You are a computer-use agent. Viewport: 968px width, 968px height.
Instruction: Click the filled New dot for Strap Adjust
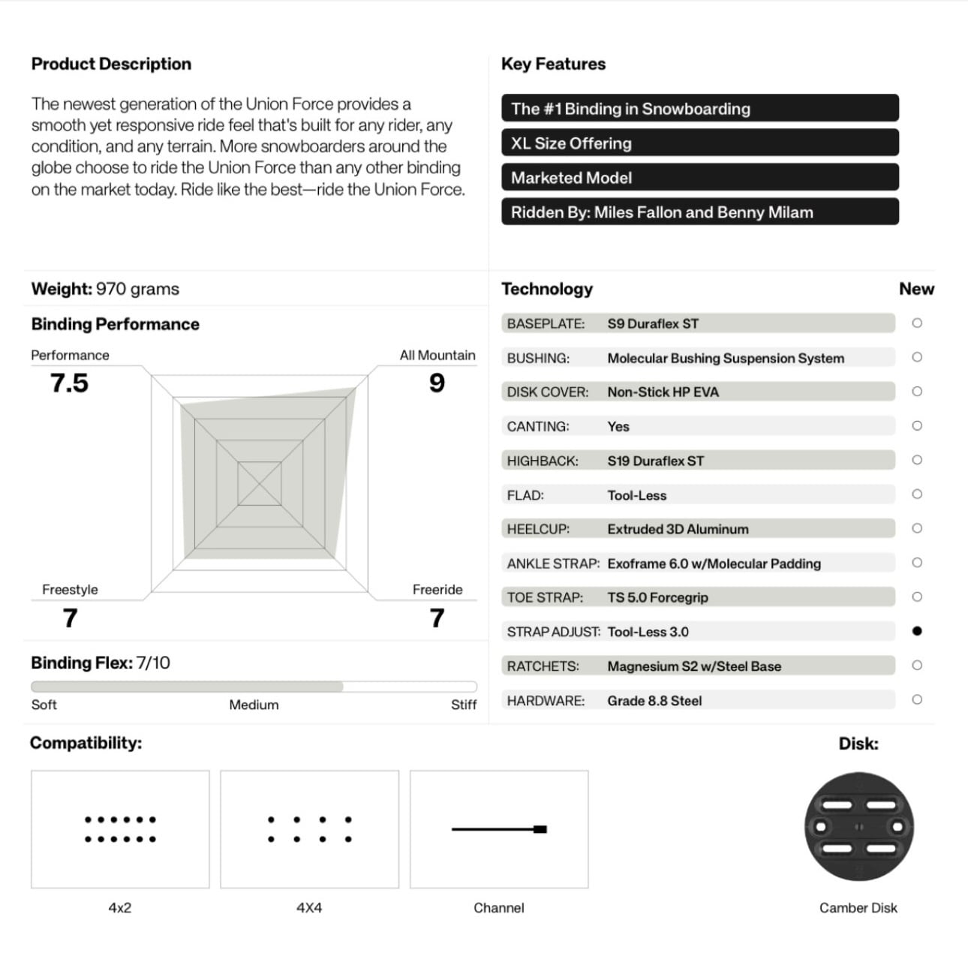[916, 631]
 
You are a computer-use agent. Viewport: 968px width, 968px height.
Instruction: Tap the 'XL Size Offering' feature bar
[699, 143]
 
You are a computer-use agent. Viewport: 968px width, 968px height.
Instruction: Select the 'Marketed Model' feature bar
[699, 178]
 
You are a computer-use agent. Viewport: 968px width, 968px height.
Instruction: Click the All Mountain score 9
[437, 383]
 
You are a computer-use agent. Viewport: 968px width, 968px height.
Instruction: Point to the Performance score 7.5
[69, 383]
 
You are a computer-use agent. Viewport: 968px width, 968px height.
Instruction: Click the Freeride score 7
[437, 618]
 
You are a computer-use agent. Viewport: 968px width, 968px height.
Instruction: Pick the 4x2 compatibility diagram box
[120, 829]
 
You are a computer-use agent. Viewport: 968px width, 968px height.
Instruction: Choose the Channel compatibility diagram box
[499, 829]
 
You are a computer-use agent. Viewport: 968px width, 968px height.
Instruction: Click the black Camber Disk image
[858, 827]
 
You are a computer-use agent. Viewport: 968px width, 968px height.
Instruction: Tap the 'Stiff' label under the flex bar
[463, 705]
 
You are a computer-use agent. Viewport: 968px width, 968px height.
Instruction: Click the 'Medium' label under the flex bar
[254, 705]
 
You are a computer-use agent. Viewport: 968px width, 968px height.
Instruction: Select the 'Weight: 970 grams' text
[105, 289]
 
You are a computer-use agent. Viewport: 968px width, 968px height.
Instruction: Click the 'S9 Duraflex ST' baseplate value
[653, 324]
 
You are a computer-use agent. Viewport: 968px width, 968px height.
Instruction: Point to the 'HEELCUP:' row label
[538, 529]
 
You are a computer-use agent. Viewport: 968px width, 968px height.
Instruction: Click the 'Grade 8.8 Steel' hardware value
[654, 701]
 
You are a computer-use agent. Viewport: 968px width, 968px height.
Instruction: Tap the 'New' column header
[916, 289]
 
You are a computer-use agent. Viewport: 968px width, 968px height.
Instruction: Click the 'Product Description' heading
[111, 64]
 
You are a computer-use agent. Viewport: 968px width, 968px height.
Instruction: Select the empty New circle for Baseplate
[916, 323]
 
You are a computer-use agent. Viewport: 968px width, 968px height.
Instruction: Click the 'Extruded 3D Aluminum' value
[678, 529]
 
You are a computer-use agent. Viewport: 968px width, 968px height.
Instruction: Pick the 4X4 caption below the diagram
[309, 908]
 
